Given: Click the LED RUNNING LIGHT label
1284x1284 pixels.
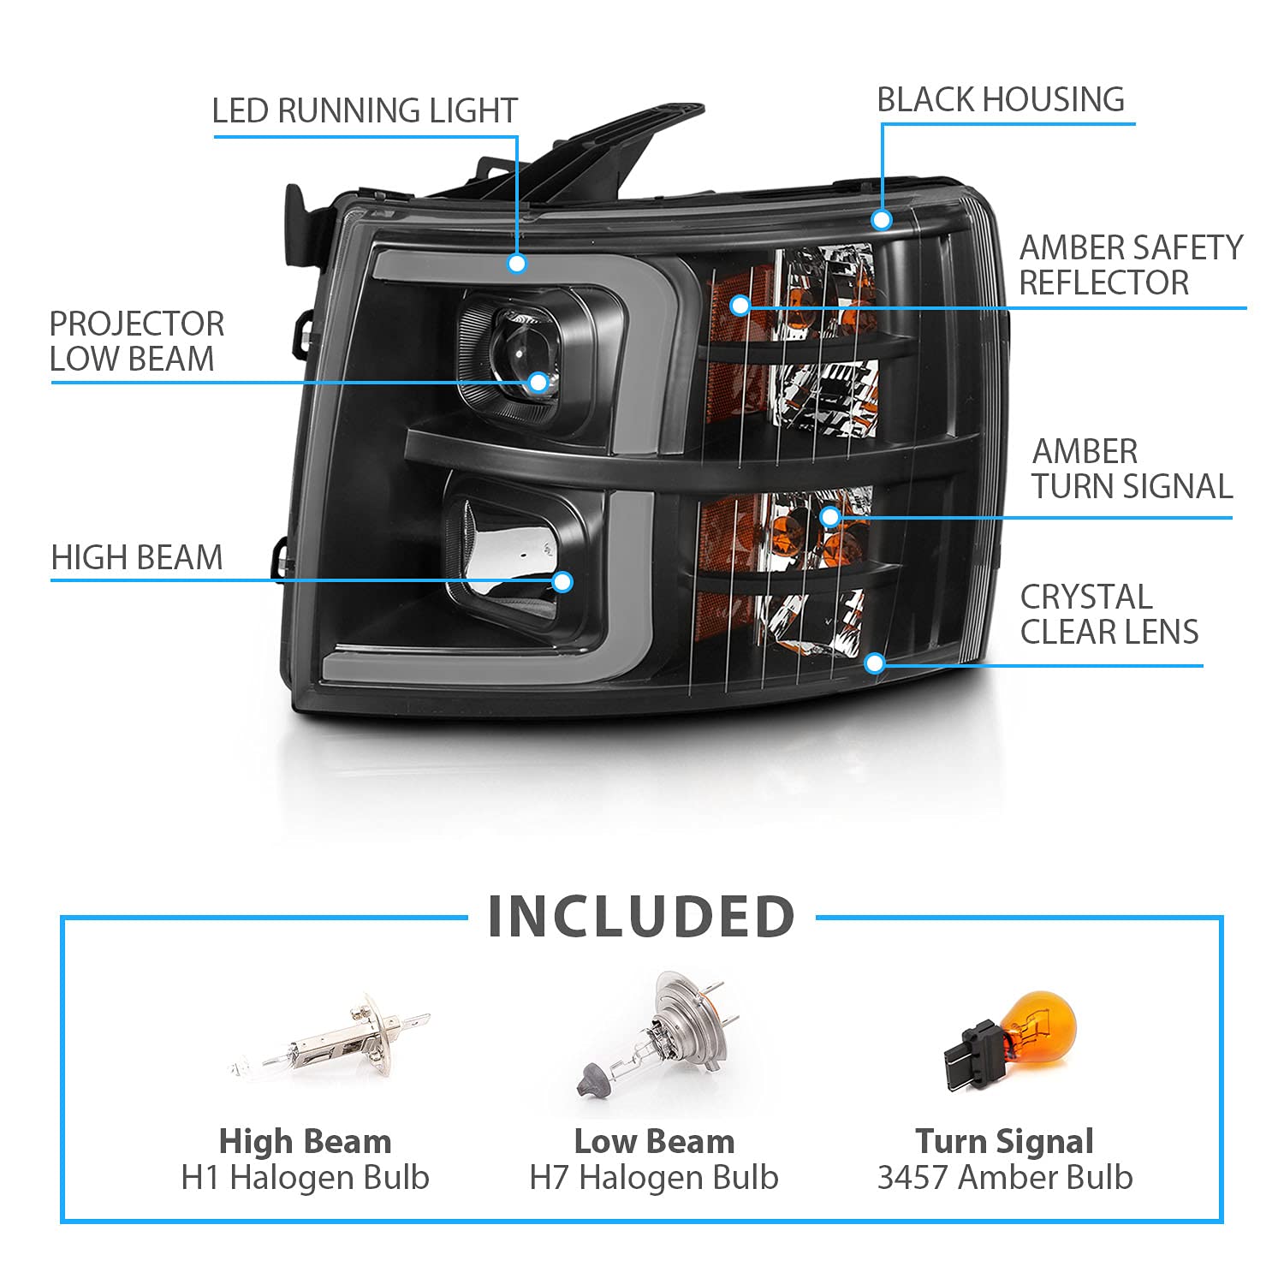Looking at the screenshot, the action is tap(365, 110).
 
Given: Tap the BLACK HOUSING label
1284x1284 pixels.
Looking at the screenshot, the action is tap(1001, 99).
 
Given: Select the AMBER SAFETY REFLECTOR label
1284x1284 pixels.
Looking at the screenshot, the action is tap(1131, 265).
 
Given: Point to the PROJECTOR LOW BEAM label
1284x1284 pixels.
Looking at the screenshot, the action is tap(137, 341).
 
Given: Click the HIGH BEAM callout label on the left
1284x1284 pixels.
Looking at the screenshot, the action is tap(137, 557).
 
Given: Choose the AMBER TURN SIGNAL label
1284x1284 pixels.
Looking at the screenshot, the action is tap(1132, 468).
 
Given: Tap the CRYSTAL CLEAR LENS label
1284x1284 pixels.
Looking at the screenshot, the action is tap(1109, 614).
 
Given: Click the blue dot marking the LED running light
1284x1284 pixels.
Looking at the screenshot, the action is tap(517, 263).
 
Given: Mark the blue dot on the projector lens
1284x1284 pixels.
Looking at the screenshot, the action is tap(538, 382).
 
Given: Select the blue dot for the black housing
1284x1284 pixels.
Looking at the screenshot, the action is tap(882, 220).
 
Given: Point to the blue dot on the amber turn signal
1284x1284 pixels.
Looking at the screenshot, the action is tap(829, 516).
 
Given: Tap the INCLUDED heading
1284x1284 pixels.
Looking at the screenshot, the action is tap(642, 917).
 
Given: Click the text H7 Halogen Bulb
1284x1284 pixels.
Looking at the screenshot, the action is tap(654, 1178).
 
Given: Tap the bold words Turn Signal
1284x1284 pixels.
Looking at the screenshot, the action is tap(1004, 1142).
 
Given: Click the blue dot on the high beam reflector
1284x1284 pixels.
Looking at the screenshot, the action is tap(562, 582).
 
